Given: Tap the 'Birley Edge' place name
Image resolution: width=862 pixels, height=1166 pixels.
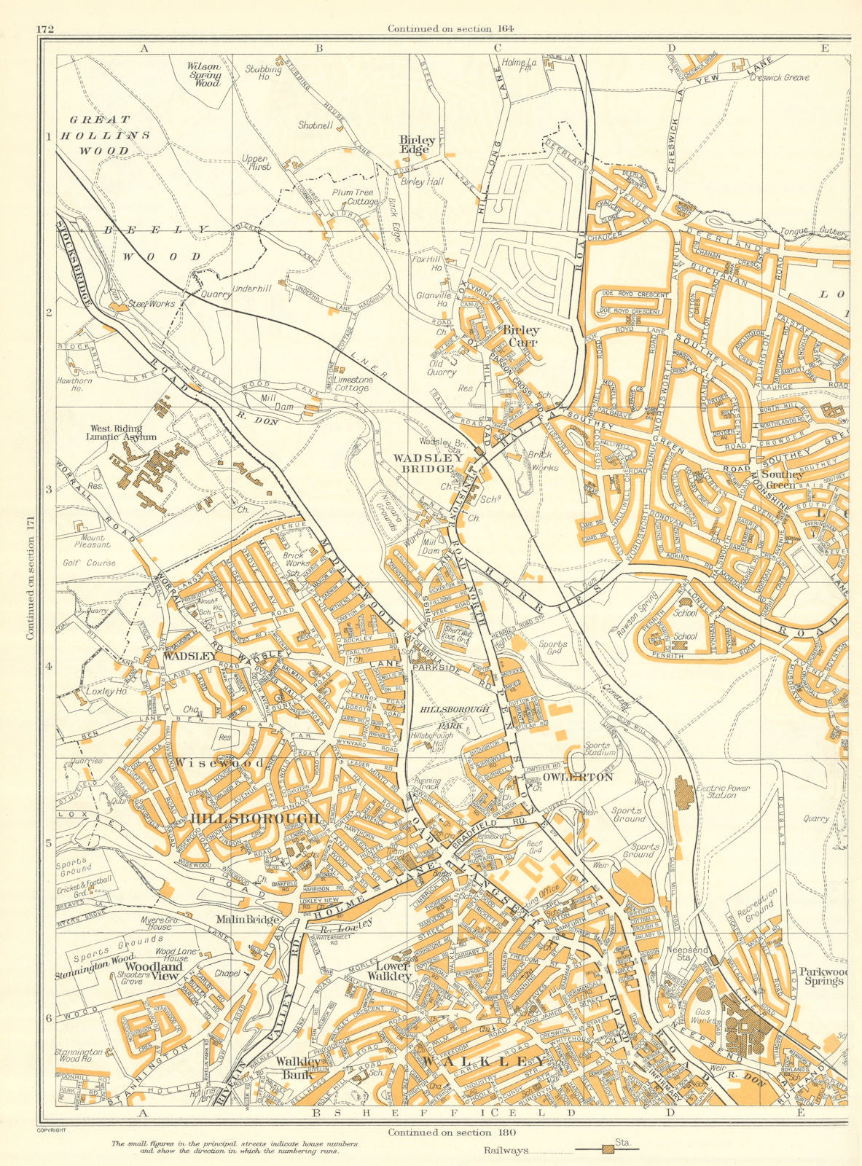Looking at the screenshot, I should [x=418, y=144].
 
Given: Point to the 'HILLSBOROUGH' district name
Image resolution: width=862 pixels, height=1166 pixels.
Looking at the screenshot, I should [x=255, y=819].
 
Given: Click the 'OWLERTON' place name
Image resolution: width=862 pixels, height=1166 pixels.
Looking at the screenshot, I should [x=578, y=778].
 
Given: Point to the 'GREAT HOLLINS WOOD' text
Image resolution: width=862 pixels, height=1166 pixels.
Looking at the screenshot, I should [x=101, y=135].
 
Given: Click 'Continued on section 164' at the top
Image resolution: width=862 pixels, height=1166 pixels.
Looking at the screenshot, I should [x=451, y=29].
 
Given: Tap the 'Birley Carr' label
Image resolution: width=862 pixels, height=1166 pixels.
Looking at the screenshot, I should [x=522, y=336].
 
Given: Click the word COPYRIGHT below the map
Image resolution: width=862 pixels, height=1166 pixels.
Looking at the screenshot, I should [x=51, y=1130].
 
